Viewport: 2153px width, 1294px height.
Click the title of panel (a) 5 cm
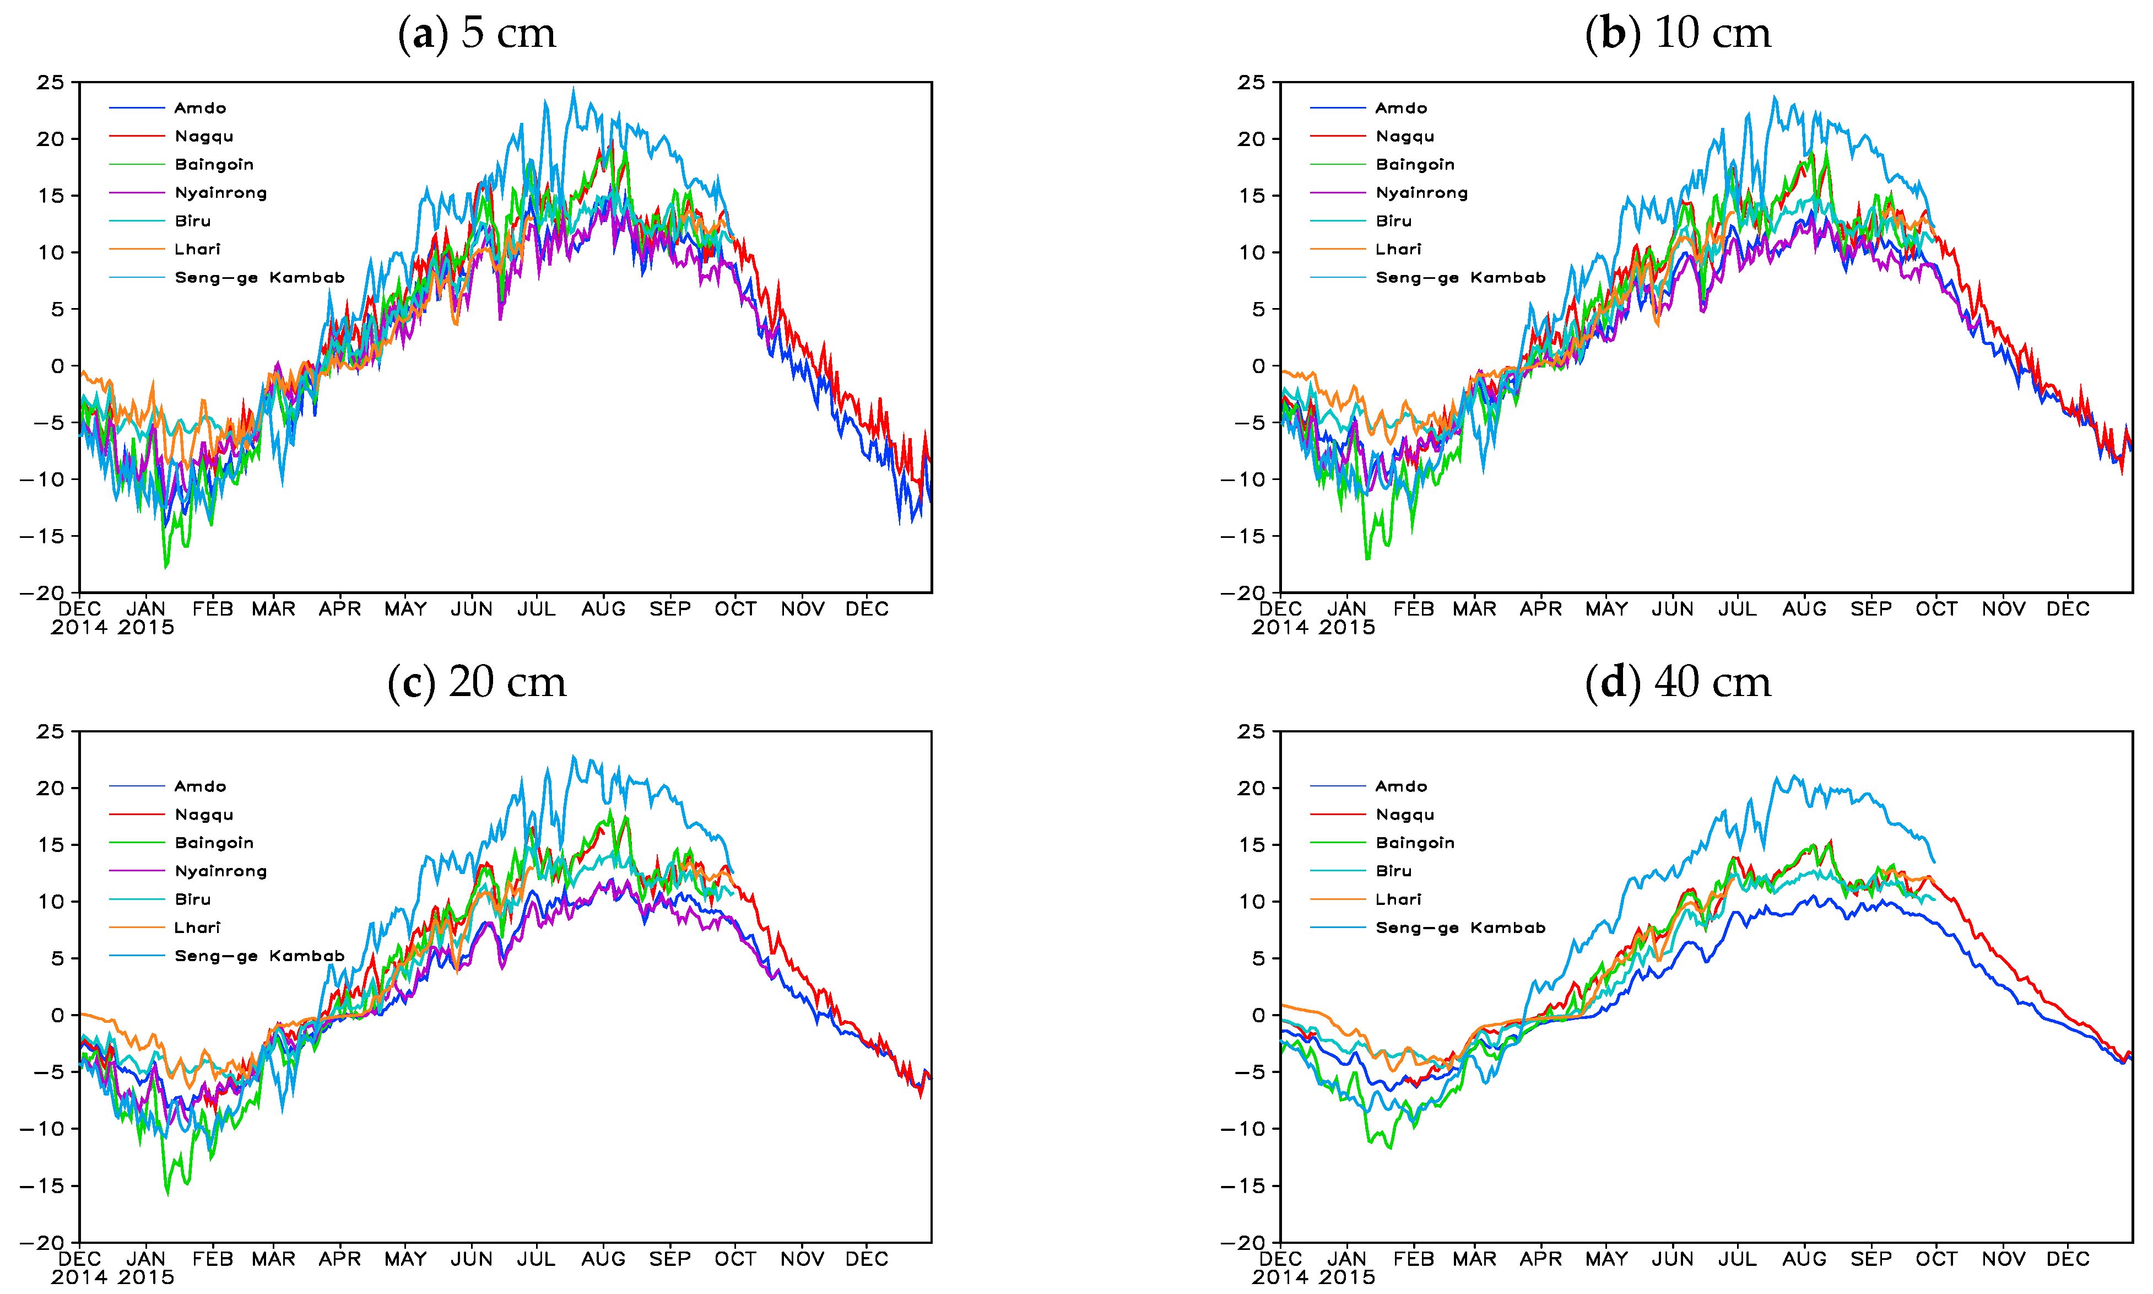pyautogui.click(x=476, y=33)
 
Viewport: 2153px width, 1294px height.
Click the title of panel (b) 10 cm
pyautogui.click(x=1678, y=33)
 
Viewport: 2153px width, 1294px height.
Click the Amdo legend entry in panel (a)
pyautogui.click(x=199, y=108)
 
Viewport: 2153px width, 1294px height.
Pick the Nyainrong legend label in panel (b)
pyautogui.click(x=1422, y=193)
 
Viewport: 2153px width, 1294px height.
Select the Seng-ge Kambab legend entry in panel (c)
pyautogui.click(x=259, y=956)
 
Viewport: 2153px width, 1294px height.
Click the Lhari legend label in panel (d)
pyautogui.click(x=1398, y=899)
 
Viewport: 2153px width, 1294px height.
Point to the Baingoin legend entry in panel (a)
pyautogui.click(x=214, y=165)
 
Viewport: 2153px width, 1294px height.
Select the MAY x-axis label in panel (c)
pyautogui.click(x=405, y=1259)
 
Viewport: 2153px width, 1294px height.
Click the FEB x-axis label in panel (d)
pyautogui.click(x=1413, y=1259)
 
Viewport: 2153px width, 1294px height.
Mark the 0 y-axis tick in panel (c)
pyautogui.click(x=57, y=1015)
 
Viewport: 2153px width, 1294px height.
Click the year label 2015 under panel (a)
pyautogui.click(x=145, y=628)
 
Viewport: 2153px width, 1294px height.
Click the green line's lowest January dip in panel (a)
pyautogui.click(x=166, y=567)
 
